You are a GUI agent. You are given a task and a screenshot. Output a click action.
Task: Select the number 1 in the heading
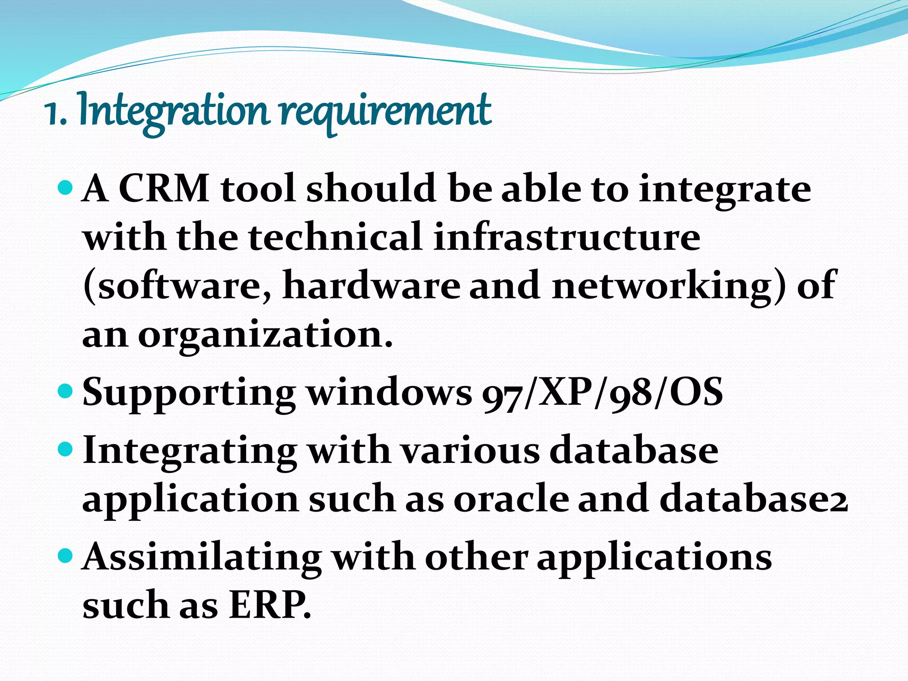[x=52, y=113]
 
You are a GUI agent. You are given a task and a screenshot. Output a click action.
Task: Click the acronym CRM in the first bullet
[x=164, y=188]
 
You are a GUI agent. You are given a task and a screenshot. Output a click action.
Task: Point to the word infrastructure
[x=567, y=237]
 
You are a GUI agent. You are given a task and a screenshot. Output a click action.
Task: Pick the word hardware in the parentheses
[x=372, y=286]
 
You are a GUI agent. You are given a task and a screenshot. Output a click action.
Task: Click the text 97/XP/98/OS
[x=603, y=393]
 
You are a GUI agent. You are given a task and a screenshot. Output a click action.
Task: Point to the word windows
[x=390, y=393]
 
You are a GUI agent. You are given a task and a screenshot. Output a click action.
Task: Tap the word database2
[x=754, y=499]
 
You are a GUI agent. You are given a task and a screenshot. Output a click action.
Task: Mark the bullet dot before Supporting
[x=65, y=391]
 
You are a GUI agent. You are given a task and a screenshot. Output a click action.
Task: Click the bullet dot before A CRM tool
[x=65, y=187]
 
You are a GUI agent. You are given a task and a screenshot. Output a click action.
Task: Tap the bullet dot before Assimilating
[x=65, y=555]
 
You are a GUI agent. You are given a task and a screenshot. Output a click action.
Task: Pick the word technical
[x=335, y=237]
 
